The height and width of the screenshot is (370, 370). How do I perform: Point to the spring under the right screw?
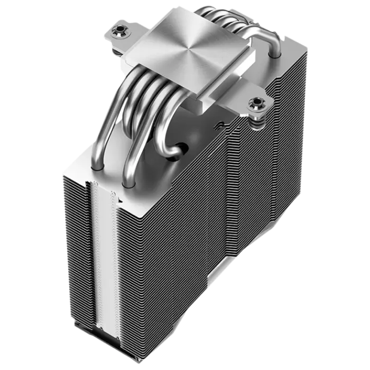coord(258,121)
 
